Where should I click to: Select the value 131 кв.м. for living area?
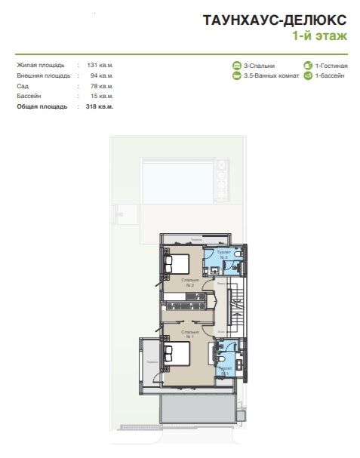coord(98,66)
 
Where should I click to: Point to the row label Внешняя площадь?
coord(44,76)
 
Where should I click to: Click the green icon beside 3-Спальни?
coord(237,66)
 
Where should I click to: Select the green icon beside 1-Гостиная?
coord(308,66)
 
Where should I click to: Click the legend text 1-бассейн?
coord(329,76)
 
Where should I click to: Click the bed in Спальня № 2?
coord(178,265)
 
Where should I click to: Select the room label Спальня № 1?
coord(189,334)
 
